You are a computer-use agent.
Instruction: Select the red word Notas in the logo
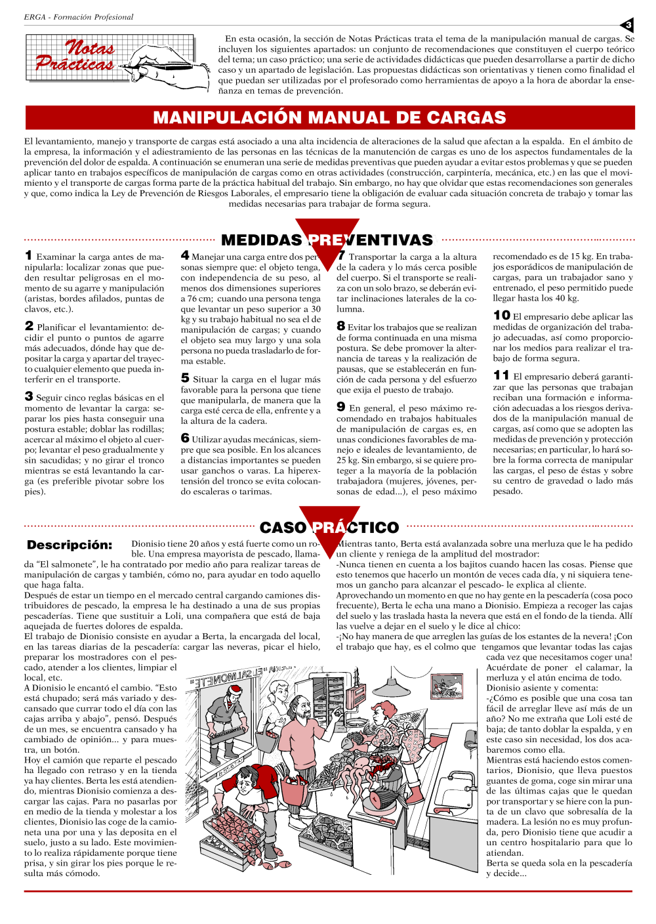[90, 47]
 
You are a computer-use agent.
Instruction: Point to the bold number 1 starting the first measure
[28, 255]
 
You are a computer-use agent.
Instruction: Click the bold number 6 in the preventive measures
[185, 438]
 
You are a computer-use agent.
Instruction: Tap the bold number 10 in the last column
[502, 316]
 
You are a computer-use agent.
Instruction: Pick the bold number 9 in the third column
[341, 407]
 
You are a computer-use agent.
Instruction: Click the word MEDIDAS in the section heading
[261, 240]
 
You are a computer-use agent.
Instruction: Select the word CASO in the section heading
[283, 528]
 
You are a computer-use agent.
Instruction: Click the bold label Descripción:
[70, 545]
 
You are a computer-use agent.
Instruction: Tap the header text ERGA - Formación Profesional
[79, 17]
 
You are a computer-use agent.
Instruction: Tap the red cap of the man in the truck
[236, 689]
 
